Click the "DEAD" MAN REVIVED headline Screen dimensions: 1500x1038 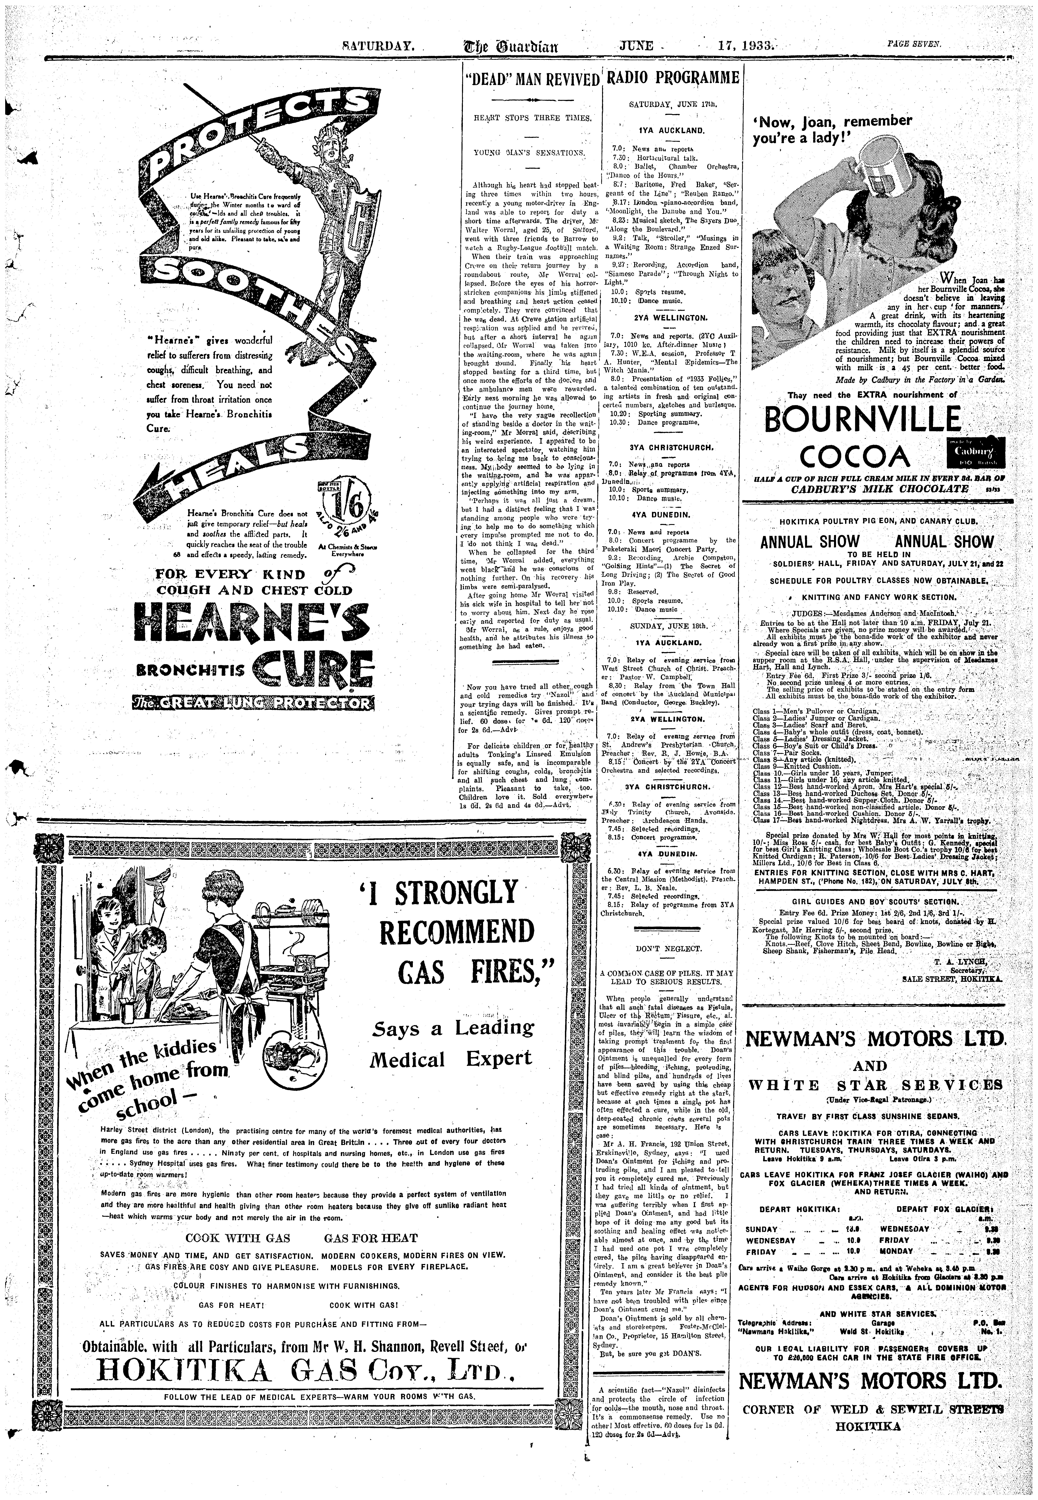(x=532, y=81)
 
